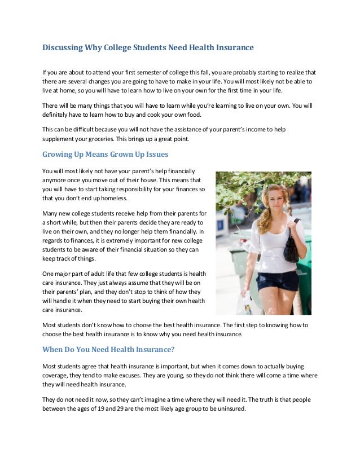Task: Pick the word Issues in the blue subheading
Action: (x=152, y=154)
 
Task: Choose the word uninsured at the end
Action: (x=230, y=408)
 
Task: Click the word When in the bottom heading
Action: (x=56, y=349)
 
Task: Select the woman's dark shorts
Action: (x=277, y=280)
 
